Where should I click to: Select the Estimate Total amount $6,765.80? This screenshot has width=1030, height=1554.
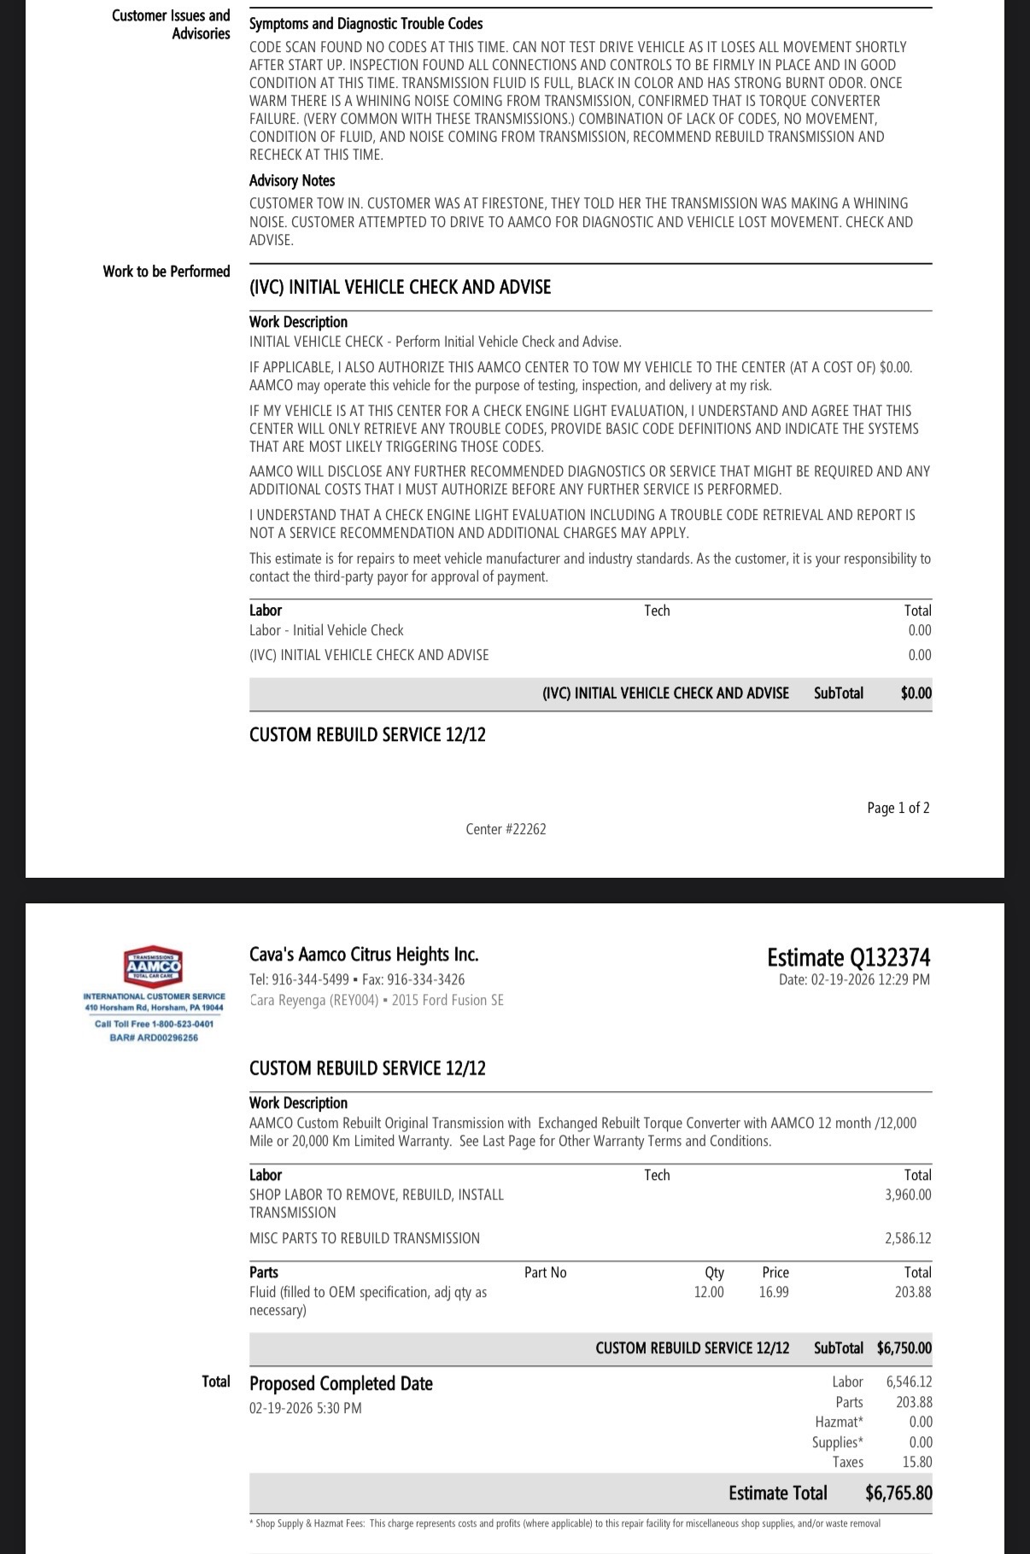pyautogui.click(x=898, y=1493)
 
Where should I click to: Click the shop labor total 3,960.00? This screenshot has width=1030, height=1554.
pyautogui.click(x=908, y=1195)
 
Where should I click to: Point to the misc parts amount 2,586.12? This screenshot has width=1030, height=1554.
pyautogui.click(x=908, y=1238)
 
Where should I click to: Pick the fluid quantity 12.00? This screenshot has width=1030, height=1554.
pyautogui.click(x=709, y=1292)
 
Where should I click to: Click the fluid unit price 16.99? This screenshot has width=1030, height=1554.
pyautogui.click(x=774, y=1292)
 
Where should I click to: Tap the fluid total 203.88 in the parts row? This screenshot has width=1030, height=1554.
pyautogui.click(x=913, y=1292)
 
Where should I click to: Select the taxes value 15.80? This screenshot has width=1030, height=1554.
pyautogui.click(x=917, y=1462)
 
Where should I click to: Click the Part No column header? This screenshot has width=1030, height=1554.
pyautogui.click(x=545, y=1272)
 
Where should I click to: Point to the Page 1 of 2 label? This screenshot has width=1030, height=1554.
pyautogui.click(x=898, y=808)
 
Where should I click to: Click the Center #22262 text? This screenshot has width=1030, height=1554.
pyautogui.click(x=506, y=829)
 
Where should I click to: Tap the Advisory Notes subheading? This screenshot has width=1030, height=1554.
pyautogui.click(x=292, y=180)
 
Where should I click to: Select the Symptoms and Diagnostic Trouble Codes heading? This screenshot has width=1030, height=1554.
pyautogui.click(x=366, y=24)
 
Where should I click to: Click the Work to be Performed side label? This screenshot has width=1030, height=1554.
pyautogui.click(x=167, y=272)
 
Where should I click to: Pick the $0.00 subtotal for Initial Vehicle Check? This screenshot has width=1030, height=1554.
pyautogui.click(x=916, y=693)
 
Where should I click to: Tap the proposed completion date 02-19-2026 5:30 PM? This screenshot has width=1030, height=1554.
pyautogui.click(x=305, y=1408)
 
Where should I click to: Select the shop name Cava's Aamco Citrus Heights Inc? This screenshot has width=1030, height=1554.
pyautogui.click(x=364, y=955)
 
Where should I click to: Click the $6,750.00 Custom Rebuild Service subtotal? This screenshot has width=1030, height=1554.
pyautogui.click(x=904, y=1348)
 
